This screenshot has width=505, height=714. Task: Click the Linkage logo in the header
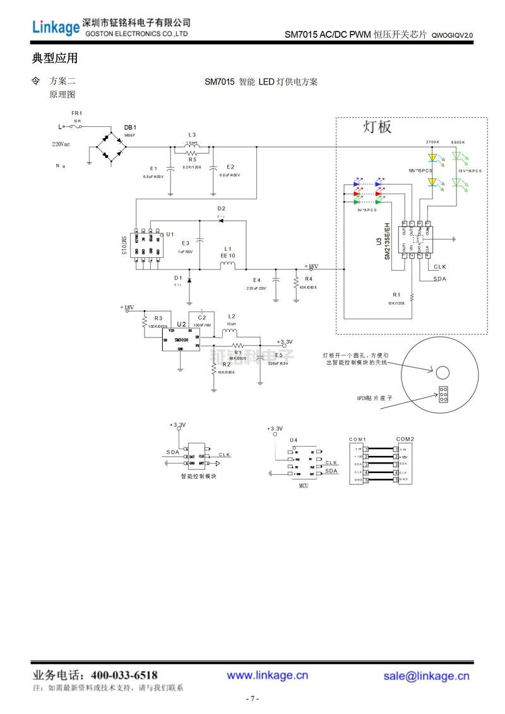tap(56, 26)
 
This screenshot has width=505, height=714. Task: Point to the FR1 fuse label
tap(77, 113)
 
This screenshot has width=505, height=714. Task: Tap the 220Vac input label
tap(61, 144)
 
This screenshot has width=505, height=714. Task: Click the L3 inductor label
tap(192, 135)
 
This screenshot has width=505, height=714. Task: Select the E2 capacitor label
tap(230, 167)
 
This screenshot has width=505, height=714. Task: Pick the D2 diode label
tap(221, 209)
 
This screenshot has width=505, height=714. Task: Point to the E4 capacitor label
tap(256, 279)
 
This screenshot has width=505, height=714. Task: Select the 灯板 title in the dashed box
tap(377, 127)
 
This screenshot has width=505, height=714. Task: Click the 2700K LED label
tap(432, 143)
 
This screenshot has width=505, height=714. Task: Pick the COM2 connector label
tap(405, 438)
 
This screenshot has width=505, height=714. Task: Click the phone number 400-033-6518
tap(124, 675)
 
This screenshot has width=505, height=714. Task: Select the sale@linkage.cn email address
tap(426, 676)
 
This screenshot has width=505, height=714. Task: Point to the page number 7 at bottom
tap(252, 699)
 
